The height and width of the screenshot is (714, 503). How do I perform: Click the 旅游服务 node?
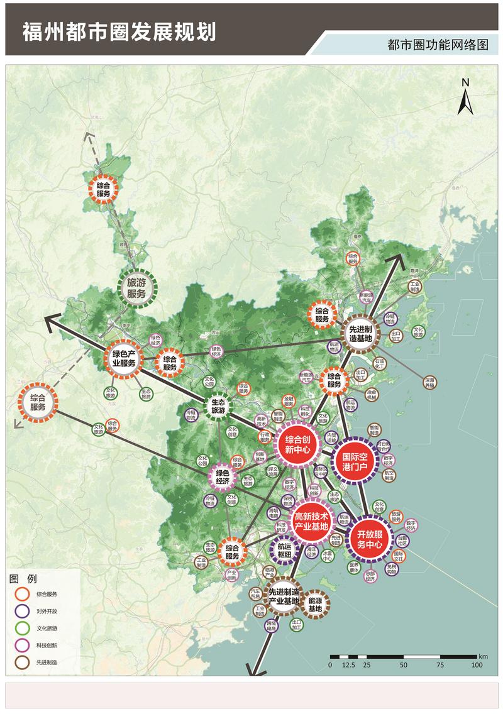(x=136, y=288)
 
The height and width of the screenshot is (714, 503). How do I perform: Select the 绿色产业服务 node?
(x=124, y=358)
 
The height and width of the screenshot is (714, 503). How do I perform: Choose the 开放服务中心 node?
(x=369, y=539)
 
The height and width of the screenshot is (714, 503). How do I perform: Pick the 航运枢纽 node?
(x=284, y=550)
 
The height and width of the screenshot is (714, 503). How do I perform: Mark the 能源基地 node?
(x=315, y=604)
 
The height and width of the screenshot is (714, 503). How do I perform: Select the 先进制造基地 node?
(x=361, y=333)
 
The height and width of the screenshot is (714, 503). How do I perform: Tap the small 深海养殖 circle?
(x=429, y=383)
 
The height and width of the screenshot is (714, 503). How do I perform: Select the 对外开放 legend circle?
(x=23, y=610)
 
